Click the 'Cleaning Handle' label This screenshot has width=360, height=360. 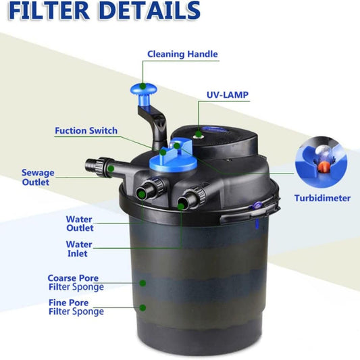(x=182, y=54)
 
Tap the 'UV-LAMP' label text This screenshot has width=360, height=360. (x=228, y=95)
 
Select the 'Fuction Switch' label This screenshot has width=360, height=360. (x=86, y=130)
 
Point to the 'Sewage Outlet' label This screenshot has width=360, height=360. (x=38, y=177)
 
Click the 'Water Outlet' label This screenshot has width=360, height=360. (x=80, y=224)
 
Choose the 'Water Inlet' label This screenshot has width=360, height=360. (x=79, y=249)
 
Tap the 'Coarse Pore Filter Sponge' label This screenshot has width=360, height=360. (x=76, y=282)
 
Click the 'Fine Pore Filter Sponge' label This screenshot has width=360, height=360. (x=76, y=307)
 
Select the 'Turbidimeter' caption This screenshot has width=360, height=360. (x=322, y=198)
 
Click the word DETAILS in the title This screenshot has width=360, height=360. (x=149, y=10)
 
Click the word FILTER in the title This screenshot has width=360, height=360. (x=49, y=11)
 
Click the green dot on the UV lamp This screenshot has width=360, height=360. (x=199, y=134)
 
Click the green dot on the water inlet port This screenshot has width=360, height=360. (x=181, y=206)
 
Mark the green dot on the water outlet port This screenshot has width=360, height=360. (x=142, y=195)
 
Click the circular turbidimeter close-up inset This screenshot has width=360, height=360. (x=321, y=162)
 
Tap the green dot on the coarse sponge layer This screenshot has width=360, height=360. (x=143, y=283)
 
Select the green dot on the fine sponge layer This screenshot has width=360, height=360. (x=143, y=307)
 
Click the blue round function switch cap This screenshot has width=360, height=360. (x=173, y=161)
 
